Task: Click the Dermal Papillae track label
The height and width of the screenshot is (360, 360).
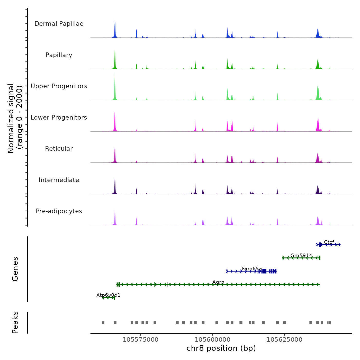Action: pyautogui.click(x=59, y=24)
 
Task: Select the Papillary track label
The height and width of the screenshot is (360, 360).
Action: pyautogui.click(x=59, y=55)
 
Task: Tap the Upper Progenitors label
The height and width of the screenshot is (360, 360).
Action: pyautogui.click(x=59, y=86)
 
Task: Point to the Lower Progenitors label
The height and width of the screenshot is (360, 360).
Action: pyautogui.click(x=59, y=118)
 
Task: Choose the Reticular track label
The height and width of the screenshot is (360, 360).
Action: pyautogui.click(x=59, y=149)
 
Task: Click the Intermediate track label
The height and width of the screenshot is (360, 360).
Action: pyautogui.click(x=59, y=180)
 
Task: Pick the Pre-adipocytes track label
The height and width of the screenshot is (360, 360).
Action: pyautogui.click(x=59, y=211)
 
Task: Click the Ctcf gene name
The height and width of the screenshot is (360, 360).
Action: pyautogui.click(x=329, y=242)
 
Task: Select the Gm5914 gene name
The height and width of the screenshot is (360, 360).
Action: pyautogui.click(x=301, y=255)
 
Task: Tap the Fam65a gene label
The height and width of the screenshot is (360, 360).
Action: pyautogui.click(x=252, y=269)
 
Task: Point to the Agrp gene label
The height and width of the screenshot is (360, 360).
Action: pyautogui.click(x=218, y=282)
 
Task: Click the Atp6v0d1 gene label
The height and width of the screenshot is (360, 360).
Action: pyautogui.click(x=108, y=295)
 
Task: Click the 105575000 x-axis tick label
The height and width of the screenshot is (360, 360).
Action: pyautogui.click(x=141, y=340)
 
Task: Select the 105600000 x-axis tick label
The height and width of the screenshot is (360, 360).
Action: pyautogui.click(x=213, y=340)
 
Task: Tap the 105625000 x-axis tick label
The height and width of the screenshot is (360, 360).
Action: pyautogui.click(x=284, y=340)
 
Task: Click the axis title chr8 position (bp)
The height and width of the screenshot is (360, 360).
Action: pyautogui.click(x=221, y=348)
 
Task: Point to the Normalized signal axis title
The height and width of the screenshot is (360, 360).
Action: pyautogui.click(x=15, y=118)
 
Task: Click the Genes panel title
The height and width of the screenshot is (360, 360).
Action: pyautogui.click(x=15, y=269)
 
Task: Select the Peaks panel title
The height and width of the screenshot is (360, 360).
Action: pyautogui.click(x=15, y=322)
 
